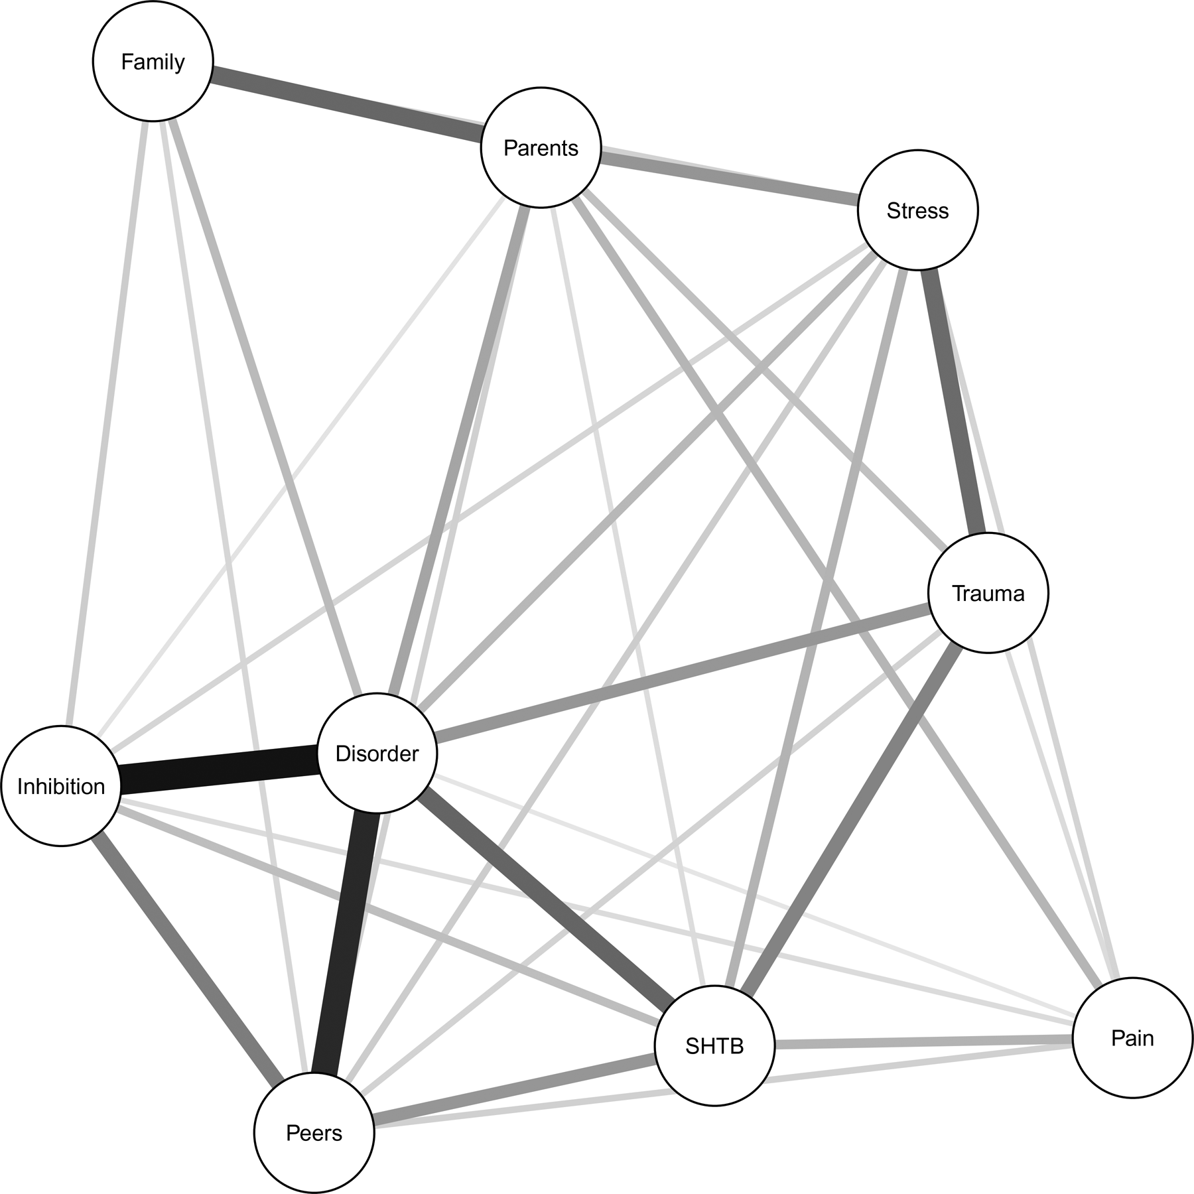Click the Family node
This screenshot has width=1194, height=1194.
(153, 61)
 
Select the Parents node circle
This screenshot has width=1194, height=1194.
(541, 147)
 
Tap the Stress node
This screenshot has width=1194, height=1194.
(917, 210)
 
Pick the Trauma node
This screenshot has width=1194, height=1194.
(988, 593)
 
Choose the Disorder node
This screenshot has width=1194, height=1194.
(377, 754)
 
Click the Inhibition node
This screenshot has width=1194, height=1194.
(61, 786)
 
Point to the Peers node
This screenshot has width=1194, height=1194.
(314, 1133)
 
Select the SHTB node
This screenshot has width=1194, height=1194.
(714, 1046)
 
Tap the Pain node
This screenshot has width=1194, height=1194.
(1132, 1038)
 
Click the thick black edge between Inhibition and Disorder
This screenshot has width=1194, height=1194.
(219, 769)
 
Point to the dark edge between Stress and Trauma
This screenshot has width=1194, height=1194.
(953, 405)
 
